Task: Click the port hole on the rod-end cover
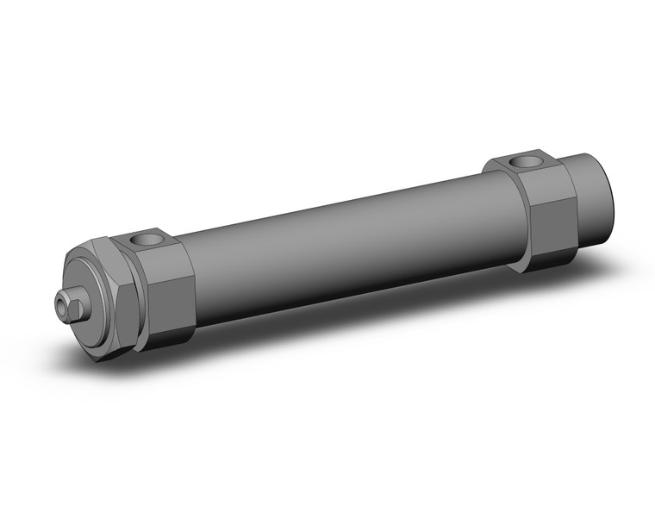coord(147,241)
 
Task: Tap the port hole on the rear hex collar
coord(523,161)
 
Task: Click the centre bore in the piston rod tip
coord(61,301)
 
